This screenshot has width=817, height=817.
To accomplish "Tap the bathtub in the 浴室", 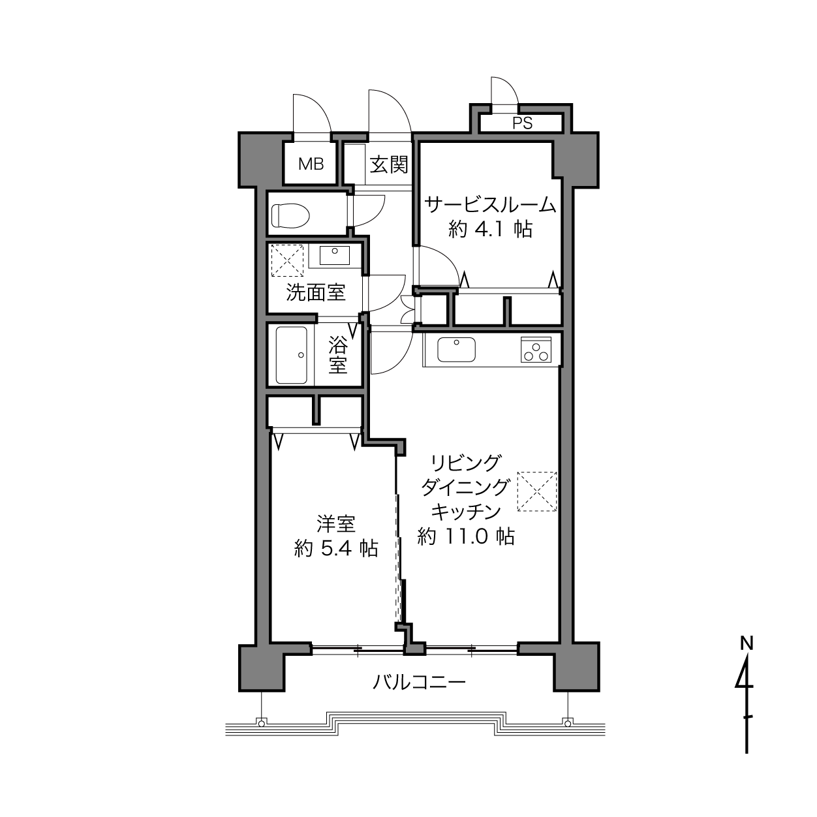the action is click(291, 355).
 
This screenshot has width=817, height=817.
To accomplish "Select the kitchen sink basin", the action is click(456, 350).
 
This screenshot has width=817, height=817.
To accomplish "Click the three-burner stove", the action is click(536, 350).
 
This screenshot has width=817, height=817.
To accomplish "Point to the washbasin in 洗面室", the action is click(335, 255).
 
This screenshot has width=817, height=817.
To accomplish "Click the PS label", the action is click(522, 123).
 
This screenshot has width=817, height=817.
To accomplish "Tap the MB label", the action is click(311, 164).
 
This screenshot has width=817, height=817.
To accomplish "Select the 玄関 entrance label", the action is click(389, 164).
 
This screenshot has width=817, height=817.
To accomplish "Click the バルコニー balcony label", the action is click(420, 682).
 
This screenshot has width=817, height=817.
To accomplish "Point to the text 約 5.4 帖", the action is click(336, 549).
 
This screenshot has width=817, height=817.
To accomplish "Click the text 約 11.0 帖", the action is click(466, 536).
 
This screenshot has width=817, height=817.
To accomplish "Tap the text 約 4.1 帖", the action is click(490, 229).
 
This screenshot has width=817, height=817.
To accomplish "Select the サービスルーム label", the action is click(490, 205).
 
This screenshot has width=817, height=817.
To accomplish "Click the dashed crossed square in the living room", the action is click(537, 491).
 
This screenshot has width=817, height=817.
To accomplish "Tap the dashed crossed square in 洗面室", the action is click(288, 260).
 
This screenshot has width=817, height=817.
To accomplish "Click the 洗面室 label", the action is click(316, 292).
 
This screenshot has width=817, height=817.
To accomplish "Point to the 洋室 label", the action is click(336, 524).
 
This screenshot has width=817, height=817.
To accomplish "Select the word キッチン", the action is click(466, 512).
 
